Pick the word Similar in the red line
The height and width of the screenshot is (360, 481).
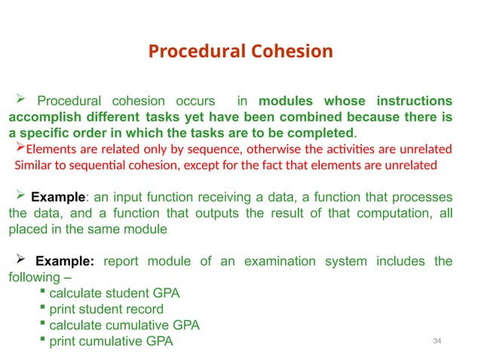click(35, 165)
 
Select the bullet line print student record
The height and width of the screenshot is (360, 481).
click(106, 309)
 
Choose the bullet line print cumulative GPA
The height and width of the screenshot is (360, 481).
click(111, 342)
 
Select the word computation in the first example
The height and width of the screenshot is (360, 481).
click(397, 213)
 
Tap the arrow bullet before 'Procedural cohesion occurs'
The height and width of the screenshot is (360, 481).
click(22, 99)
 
